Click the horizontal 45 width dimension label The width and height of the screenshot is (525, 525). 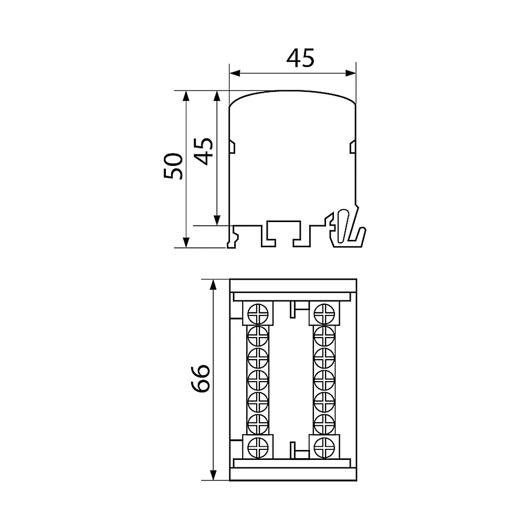[x=300, y=58]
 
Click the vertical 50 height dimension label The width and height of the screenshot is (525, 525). [x=173, y=166]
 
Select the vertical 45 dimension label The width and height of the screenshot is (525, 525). [x=204, y=151]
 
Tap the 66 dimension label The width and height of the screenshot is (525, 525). [x=201, y=378]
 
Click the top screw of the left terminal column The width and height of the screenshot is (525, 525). [x=258, y=314]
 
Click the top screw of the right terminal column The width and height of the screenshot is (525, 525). [x=324, y=314]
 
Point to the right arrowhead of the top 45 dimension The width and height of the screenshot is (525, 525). [x=350, y=73]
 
